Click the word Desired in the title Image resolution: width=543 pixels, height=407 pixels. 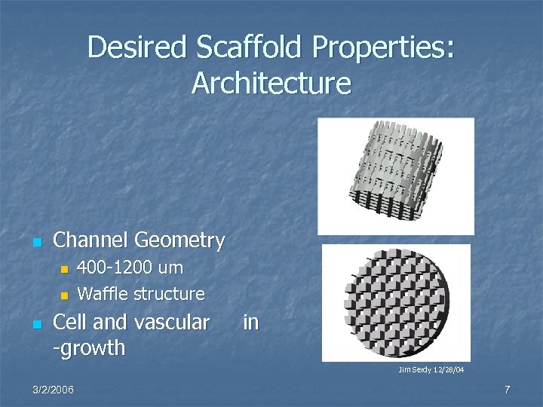(x=138, y=47)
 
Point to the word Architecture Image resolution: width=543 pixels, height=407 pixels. (x=271, y=83)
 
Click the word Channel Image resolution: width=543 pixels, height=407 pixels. (x=91, y=240)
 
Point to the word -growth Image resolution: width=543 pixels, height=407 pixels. (x=90, y=349)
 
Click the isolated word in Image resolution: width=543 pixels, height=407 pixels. (x=250, y=323)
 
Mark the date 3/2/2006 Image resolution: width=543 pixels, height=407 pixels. (x=54, y=389)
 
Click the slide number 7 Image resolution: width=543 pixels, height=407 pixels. (x=507, y=389)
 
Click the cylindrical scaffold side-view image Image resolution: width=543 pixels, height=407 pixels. (x=395, y=176)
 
